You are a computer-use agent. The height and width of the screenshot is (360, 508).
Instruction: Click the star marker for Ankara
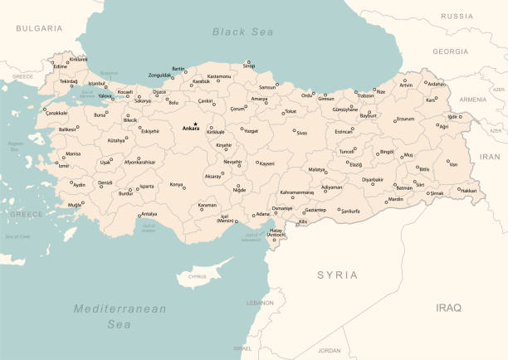(x=195, y=124)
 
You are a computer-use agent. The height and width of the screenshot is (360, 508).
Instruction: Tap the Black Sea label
(x=242, y=32)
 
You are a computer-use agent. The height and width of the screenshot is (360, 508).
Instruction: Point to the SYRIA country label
(x=338, y=275)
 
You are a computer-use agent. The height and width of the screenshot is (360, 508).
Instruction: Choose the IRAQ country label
(x=448, y=307)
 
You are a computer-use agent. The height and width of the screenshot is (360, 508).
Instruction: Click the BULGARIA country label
(x=39, y=28)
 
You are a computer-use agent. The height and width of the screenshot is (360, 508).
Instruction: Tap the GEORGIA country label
(x=450, y=51)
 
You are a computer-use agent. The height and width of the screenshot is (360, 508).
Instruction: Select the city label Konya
(x=177, y=185)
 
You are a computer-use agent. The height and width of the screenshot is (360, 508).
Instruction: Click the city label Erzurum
(x=403, y=119)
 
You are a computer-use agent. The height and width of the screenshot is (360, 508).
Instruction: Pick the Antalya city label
(x=149, y=214)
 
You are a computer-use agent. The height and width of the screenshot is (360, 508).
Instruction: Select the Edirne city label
(x=49, y=66)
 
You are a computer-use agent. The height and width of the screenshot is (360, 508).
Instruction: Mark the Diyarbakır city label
(x=373, y=179)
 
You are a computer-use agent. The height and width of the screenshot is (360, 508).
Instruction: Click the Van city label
(x=452, y=164)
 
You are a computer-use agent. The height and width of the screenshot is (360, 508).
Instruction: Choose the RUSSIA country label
(x=457, y=16)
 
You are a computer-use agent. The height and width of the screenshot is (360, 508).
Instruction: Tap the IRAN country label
(x=491, y=155)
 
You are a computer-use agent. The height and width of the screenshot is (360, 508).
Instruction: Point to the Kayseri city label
(x=266, y=164)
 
